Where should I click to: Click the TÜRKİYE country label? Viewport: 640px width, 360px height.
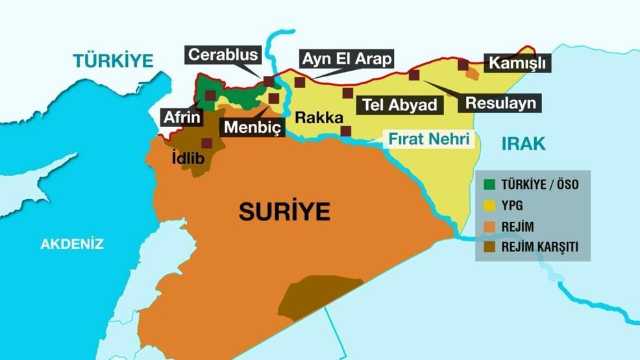tap(113, 61)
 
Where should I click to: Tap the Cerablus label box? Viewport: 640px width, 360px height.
tap(223, 54)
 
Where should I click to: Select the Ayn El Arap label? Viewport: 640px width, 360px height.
tap(346, 59)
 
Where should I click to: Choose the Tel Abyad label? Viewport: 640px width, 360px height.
tap(399, 104)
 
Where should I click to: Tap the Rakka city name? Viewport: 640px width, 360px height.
tap(319, 117)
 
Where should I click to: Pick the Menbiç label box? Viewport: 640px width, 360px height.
tap(252, 127)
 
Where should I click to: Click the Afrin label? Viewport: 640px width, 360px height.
tap(182, 117)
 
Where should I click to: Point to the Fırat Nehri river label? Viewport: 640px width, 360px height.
tap(428, 139)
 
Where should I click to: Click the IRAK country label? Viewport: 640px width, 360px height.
tap(523, 144)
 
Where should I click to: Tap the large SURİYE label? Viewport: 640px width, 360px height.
tap(284, 211)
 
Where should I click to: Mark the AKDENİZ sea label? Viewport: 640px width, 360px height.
tap(72, 245)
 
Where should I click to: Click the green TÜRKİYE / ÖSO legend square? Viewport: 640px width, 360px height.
tap(489, 184)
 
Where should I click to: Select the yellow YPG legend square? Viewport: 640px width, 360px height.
tap(489, 205)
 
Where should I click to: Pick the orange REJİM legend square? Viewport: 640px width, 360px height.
tap(489, 226)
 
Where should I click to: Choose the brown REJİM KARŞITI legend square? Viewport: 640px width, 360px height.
tap(489, 246)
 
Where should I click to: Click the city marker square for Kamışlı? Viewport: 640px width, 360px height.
tap(463, 64)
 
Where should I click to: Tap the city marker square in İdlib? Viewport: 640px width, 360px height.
tap(206, 143)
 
